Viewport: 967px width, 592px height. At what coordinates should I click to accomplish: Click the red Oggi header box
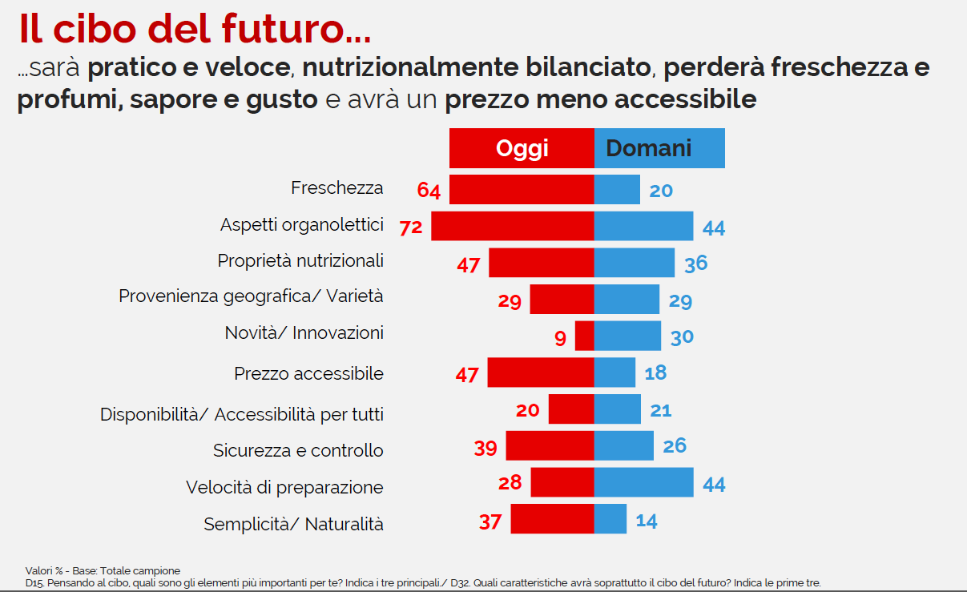[x=522, y=148]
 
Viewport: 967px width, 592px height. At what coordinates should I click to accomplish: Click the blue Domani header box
[x=659, y=148]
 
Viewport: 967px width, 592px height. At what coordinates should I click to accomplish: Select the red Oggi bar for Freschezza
[x=522, y=189]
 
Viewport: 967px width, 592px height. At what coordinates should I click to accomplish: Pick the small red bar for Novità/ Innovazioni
[x=585, y=336]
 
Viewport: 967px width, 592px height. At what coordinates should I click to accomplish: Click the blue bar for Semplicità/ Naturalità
[x=610, y=519]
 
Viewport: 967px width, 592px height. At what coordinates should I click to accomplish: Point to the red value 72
[x=411, y=228]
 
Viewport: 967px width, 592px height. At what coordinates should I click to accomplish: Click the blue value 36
[x=695, y=263]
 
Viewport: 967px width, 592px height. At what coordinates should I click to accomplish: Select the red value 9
[x=559, y=338]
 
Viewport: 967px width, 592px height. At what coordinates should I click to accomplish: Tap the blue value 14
[x=646, y=521]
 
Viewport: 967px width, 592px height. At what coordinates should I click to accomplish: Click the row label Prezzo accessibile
[x=308, y=373]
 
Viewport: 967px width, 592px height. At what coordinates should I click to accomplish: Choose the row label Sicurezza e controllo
[x=298, y=450]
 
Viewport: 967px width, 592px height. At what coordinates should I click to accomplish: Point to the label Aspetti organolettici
[x=301, y=225]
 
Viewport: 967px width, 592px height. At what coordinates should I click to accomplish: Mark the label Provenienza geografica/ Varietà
[x=251, y=296]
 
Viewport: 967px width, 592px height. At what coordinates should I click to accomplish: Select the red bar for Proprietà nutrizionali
[x=542, y=263]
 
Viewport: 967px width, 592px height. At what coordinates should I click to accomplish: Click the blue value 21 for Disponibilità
[x=660, y=410]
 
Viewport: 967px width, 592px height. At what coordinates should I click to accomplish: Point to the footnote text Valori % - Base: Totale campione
[x=103, y=570]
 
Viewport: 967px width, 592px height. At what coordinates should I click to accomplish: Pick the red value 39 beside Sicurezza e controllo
[x=486, y=449]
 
